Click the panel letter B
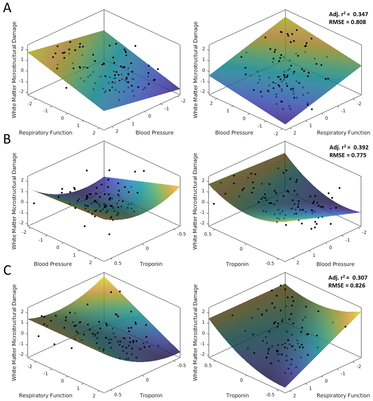7,140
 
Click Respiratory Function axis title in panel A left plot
46,132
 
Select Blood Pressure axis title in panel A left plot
154,132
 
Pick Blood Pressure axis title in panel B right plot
335,264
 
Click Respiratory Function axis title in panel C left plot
46,395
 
